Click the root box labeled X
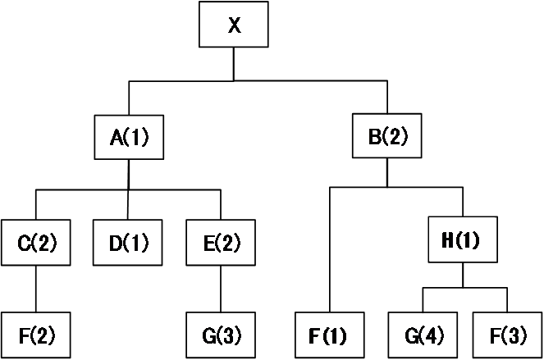[234, 25]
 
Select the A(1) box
[129, 137]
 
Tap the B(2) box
[387, 135]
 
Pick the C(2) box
[36, 243]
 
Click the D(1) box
[127, 243]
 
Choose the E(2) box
[221, 243]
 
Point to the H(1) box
[463, 239]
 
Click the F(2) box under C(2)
[36, 335]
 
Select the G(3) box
[221, 335]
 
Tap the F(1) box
[330, 335]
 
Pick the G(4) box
[423, 335]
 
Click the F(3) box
[508, 335]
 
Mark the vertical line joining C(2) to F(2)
[36, 289]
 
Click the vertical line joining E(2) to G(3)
[221, 289]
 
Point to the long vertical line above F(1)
[330, 250]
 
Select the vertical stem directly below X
[234, 64]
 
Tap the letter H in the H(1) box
[448, 240]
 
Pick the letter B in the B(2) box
[375, 136]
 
